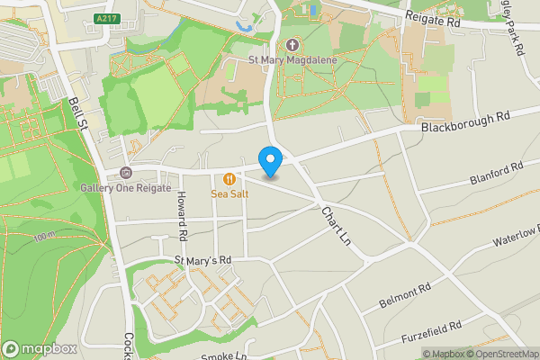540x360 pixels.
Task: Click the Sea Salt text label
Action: click(x=229, y=193)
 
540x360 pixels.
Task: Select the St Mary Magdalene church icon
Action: click(x=292, y=45)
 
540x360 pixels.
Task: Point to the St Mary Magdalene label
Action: click(x=292, y=61)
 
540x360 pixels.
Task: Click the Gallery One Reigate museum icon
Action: click(x=125, y=172)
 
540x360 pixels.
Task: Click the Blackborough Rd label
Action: click(x=465, y=122)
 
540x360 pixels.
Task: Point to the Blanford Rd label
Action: click(x=495, y=174)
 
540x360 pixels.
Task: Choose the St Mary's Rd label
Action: click(x=203, y=260)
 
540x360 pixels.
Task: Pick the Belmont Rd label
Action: click(x=405, y=292)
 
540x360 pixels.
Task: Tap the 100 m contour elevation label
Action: click(x=44, y=238)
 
